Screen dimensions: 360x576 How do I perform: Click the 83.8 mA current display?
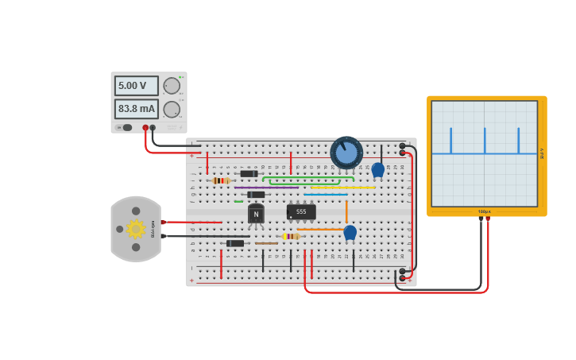136,109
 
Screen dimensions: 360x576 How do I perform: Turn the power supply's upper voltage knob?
172,86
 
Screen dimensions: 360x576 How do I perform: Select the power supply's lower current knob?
172,110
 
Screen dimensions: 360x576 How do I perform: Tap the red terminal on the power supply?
145,127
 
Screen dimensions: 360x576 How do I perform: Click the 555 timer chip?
301,212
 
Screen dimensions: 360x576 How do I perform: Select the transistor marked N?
256,214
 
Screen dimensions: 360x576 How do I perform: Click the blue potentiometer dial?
346,152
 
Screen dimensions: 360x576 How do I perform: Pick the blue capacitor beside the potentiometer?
378,169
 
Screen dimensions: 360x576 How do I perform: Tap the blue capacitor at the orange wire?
350,232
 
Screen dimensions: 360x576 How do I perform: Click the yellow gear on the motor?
136,229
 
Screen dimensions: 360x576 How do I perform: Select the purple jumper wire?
266,188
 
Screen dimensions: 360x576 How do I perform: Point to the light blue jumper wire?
326,194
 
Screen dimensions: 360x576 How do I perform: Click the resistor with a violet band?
291,236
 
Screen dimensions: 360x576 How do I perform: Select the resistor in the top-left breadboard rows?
222,180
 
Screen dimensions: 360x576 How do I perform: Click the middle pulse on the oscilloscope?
485,141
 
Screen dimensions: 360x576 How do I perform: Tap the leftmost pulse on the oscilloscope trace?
450,141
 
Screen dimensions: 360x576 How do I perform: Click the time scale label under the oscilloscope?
484,211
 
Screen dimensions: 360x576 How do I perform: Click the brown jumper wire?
266,243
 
